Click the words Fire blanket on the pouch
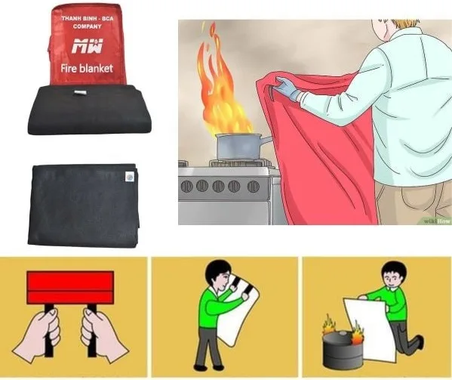point(86,69)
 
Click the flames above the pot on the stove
point(219,91)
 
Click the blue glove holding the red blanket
point(287,90)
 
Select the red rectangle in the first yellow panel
point(70,288)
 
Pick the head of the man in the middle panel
point(219,273)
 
